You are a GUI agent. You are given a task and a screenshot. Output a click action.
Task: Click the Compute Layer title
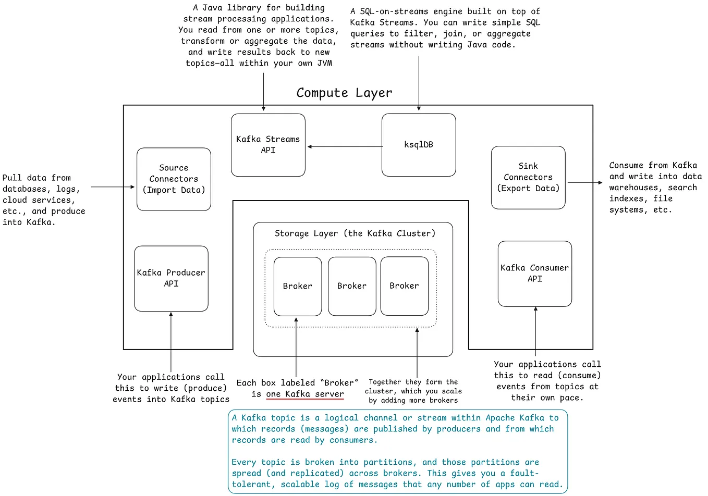click(x=344, y=93)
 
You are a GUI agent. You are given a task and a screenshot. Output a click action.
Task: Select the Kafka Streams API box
click(x=268, y=145)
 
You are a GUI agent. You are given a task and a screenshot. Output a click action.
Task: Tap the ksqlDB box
click(x=419, y=145)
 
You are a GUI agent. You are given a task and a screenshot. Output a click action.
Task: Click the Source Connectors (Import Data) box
click(x=174, y=179)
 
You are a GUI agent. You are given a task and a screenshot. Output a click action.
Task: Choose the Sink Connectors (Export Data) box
click(x=528, y=177)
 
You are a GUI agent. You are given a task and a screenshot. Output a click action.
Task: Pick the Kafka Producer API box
click(x=171, y=278)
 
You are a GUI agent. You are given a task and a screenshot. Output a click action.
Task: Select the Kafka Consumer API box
click(x=535, y=274)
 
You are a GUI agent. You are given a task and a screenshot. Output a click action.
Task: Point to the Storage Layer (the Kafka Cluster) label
click(x=355, y=233)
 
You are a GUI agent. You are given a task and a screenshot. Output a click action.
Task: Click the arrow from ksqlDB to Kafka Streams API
click(x=345, y=146)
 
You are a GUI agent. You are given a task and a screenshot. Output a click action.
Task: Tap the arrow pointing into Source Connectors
click(x=113, y=187)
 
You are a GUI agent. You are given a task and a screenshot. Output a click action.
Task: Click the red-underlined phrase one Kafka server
click(x=305, y=394)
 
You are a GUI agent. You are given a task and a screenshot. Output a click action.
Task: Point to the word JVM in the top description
click(x=324, y=63)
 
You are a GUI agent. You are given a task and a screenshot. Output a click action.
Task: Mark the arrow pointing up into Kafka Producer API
click(x=171, y=341)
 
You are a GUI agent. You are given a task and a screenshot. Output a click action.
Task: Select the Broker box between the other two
click(x=352, y=286)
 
